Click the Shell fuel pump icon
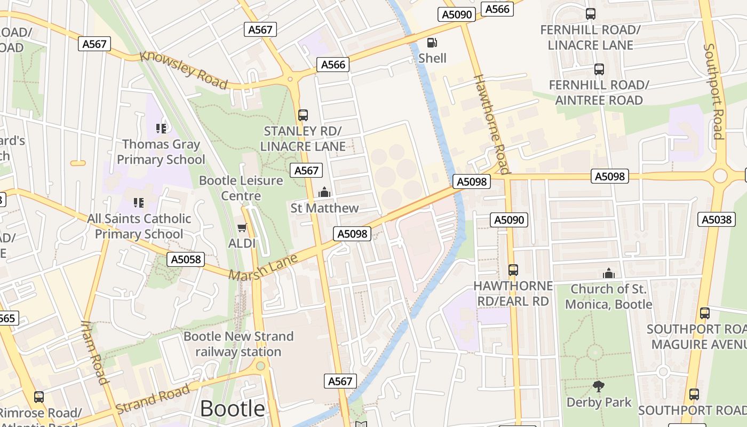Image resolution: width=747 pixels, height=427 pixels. point(432,43)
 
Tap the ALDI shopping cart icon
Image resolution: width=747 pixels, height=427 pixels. point(242,228)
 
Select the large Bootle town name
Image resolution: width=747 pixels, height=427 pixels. point(232,408)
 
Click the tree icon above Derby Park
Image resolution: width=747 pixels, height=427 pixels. point(599,386)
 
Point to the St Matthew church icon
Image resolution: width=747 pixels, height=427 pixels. point(324,192)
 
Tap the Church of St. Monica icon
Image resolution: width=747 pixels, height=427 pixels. point(608,274)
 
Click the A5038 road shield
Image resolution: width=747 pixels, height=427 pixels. point(717,219)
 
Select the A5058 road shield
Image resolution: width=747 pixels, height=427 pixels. point(186,259)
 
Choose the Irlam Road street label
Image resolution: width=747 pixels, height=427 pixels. point(95,352)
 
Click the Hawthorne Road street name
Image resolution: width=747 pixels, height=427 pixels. point(492,124)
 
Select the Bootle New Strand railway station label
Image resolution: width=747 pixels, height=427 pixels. point(239,344)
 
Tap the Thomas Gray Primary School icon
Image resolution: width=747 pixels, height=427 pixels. point(161,128)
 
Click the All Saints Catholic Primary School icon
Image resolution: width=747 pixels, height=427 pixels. point(139,202)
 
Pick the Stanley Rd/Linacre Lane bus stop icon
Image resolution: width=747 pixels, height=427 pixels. point(303,115)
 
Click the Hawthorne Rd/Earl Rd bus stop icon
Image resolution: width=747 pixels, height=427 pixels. point(513,270)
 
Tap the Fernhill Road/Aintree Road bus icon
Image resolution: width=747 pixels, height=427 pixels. point(599,69)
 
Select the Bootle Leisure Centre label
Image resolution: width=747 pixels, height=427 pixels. point(241,188)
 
